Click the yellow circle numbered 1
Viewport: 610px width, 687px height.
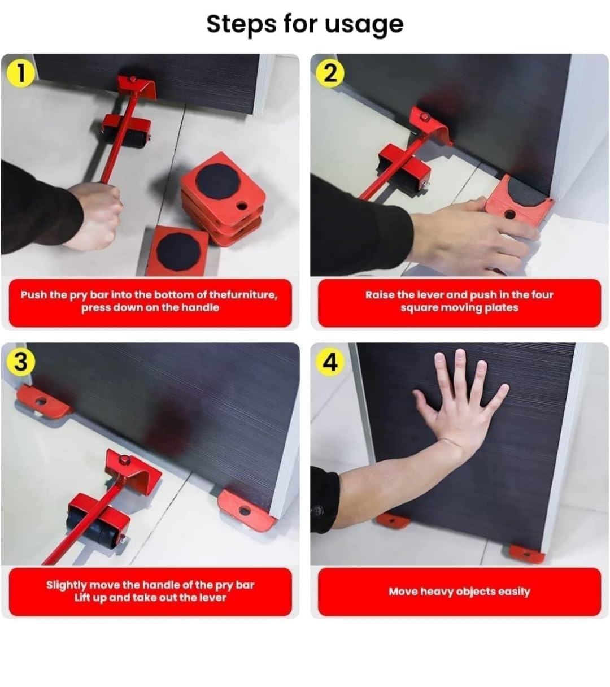(x=21, y=73)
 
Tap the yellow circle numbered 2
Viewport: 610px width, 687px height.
(x=330, y=73)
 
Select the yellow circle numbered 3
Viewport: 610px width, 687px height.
(x=21, y=362)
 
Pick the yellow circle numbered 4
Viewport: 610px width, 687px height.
(x=330, y=362)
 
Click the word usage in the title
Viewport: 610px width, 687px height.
(x=364, y=25)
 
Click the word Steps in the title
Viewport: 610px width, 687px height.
(x=241, y=24)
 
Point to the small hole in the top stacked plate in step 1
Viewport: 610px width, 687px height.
(x=242, y=206)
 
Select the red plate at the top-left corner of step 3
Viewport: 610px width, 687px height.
(x=42, y=402)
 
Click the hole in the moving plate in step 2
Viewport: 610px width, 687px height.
(x=509, y=214)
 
